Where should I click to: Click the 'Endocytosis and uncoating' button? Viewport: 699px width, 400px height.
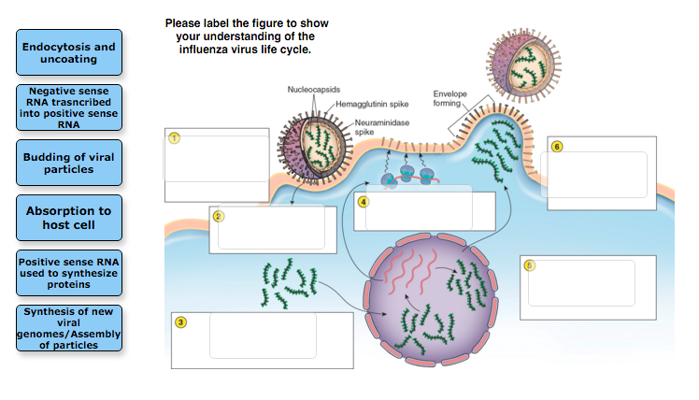(x=70, y=52)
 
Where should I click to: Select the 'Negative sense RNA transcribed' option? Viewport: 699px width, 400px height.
(x=70, y=107)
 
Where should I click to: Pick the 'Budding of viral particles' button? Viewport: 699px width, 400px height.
(x=70, y=164)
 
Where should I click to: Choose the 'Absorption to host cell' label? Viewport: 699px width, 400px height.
(x=70, y=218)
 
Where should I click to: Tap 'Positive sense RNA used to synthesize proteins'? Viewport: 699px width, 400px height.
(x=70, y=273)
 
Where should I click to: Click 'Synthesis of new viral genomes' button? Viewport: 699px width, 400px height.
(x=70, y=327)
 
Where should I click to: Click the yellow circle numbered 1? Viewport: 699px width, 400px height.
(x=173, y=137)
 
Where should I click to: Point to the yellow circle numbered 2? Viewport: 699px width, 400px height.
(x=218, y=216)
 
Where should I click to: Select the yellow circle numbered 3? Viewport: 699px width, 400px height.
(x=180, y=322)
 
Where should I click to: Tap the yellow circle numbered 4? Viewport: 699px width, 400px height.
(x=364, y=201)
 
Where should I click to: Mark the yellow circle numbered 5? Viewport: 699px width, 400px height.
(x=529, y=265)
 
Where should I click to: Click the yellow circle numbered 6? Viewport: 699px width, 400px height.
(x=557, y=147)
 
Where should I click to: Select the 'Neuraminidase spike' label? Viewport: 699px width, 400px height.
(x=379, y=127)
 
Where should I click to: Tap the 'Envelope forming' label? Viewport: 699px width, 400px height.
(x=454, y=98)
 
